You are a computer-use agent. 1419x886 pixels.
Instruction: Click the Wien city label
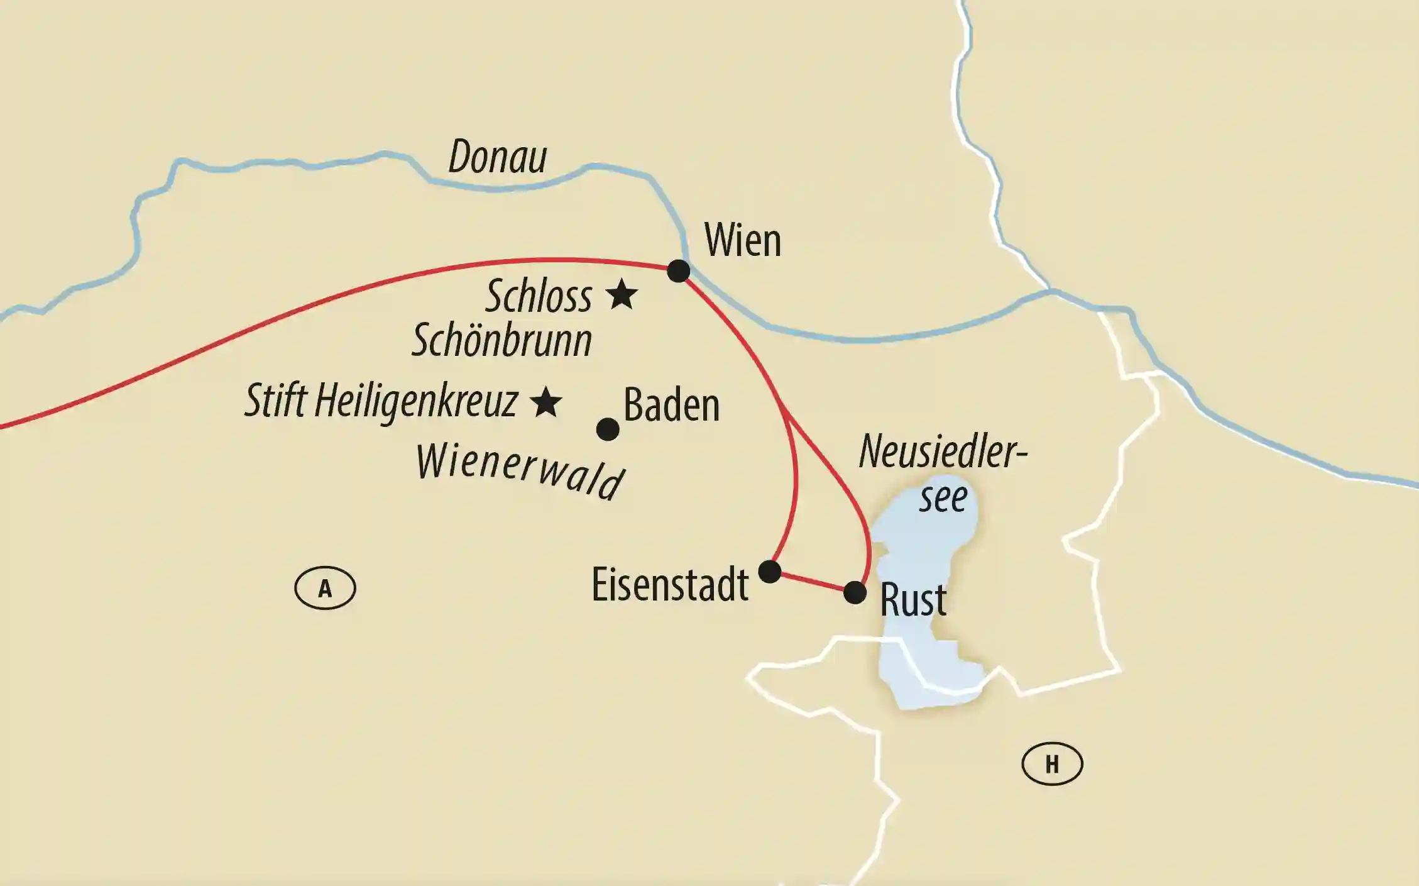(x=742, y=240)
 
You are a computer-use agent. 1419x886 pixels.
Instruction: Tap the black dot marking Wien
(x=678, y=271)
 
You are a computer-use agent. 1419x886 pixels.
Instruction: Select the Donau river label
(x=497, y=157)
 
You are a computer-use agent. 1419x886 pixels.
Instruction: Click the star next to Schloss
(x=622, y=294)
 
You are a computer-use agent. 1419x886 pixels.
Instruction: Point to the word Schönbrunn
(x=501, y=341)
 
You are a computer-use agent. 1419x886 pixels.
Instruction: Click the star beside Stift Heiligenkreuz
(x=545, y=402)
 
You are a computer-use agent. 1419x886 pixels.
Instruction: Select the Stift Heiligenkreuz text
(x=381, y=401)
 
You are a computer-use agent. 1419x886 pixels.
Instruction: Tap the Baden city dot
(x=607, y=429)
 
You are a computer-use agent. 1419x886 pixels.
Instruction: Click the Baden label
(x=671, y=406)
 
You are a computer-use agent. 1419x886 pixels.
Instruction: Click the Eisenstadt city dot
(x=769, y=572)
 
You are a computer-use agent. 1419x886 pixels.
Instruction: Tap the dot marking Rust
(x=855, y=592)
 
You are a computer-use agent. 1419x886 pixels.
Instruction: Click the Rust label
(x=913, y=600)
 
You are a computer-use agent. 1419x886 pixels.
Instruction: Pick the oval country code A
(x=325, y=589)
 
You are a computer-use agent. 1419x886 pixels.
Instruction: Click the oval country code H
(x=1052, y=765)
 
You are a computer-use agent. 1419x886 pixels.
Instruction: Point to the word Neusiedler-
(x=942, y=452)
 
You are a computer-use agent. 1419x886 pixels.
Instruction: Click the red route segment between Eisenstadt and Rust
(x=812, y=582)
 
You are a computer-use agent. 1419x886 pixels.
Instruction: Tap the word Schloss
(x=539, y=296)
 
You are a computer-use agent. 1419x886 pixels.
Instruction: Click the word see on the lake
(x=943, y=499)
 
